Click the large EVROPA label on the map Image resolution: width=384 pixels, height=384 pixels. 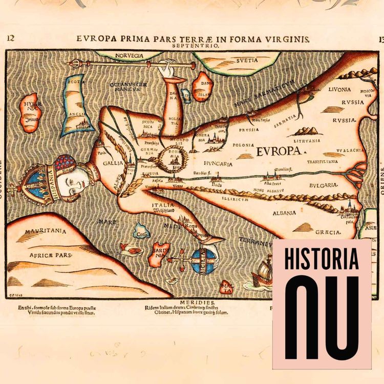pyautogui.click(x=279, y=151)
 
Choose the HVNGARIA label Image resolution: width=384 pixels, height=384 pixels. pyautogui.click(x=218, y=164)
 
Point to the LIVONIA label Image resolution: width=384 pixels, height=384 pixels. pyautogui.click(x=340, y=89)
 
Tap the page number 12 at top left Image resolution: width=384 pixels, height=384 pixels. pyautogui.click(x=10, y=38)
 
